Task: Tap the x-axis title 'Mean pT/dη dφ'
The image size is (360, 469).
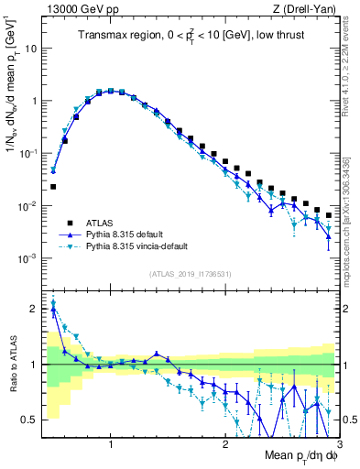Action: pos(295,455)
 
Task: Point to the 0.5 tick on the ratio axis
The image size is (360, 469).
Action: pos(29,420)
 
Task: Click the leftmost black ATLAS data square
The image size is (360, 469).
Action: pos(53,187)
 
